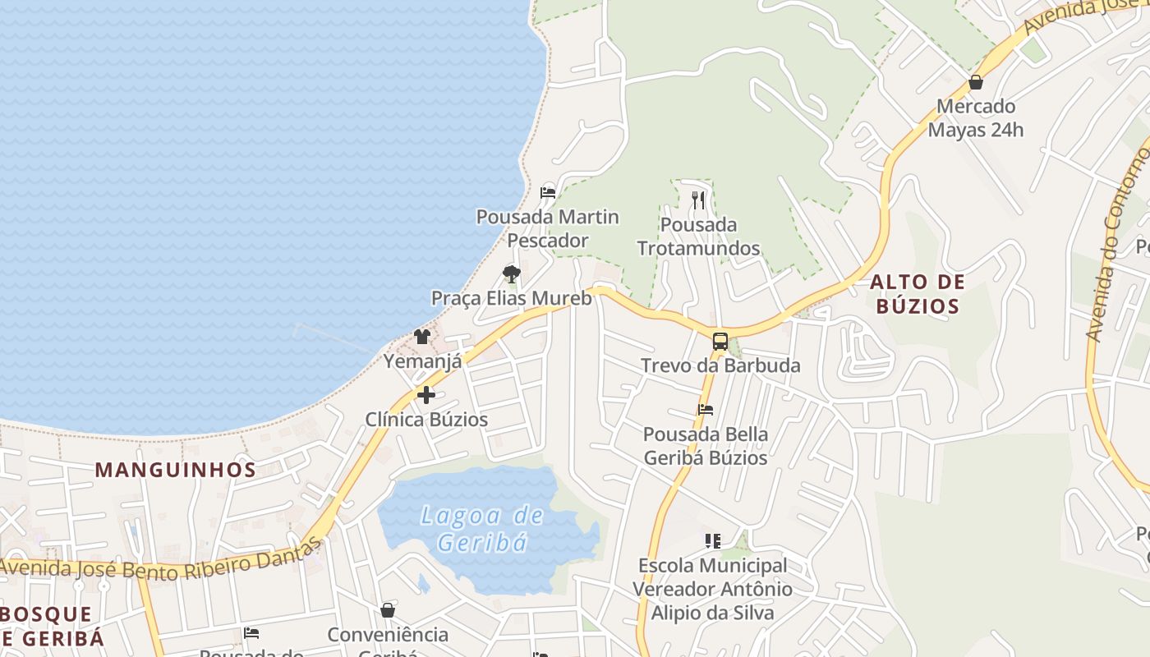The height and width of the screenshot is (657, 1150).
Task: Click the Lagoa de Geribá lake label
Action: [x=481, y=528]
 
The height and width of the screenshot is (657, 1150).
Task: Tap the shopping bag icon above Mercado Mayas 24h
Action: [x=976, y=82]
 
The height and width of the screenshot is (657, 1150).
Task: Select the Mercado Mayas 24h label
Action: [x=976, y=117]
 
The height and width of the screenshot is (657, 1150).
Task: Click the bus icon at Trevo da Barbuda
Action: [x=720, y=342]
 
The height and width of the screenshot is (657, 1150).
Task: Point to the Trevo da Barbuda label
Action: [x=720, y=365]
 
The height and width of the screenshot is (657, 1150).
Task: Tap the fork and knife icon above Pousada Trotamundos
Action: [x=698, y=200]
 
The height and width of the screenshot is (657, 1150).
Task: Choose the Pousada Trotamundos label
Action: [x=698, y=236]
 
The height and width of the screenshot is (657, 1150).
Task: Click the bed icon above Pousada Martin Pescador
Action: [x=548, y=193]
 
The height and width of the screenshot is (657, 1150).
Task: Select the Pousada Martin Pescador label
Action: [x=548, y=228]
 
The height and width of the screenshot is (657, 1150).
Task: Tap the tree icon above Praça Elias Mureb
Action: [x=511, y=273]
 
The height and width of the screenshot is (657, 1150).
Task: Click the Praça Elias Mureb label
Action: [x=511, y=298]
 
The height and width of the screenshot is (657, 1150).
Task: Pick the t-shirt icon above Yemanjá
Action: [x=422, y=336]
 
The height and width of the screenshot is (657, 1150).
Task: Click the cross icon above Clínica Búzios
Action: [x=425, y=395]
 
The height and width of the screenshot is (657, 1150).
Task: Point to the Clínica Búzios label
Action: [x=426, y=420]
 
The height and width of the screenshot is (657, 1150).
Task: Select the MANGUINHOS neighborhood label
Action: [x=175, y=470]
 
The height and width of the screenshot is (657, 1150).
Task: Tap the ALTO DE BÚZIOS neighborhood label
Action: [x=917, y=294]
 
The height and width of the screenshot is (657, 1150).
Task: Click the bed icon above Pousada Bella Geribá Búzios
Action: [x=705, y=410]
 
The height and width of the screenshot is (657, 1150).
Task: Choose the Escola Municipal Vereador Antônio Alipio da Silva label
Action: [x=712, y=589]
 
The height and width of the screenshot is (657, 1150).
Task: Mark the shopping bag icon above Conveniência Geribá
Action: [x=388, y=610]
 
